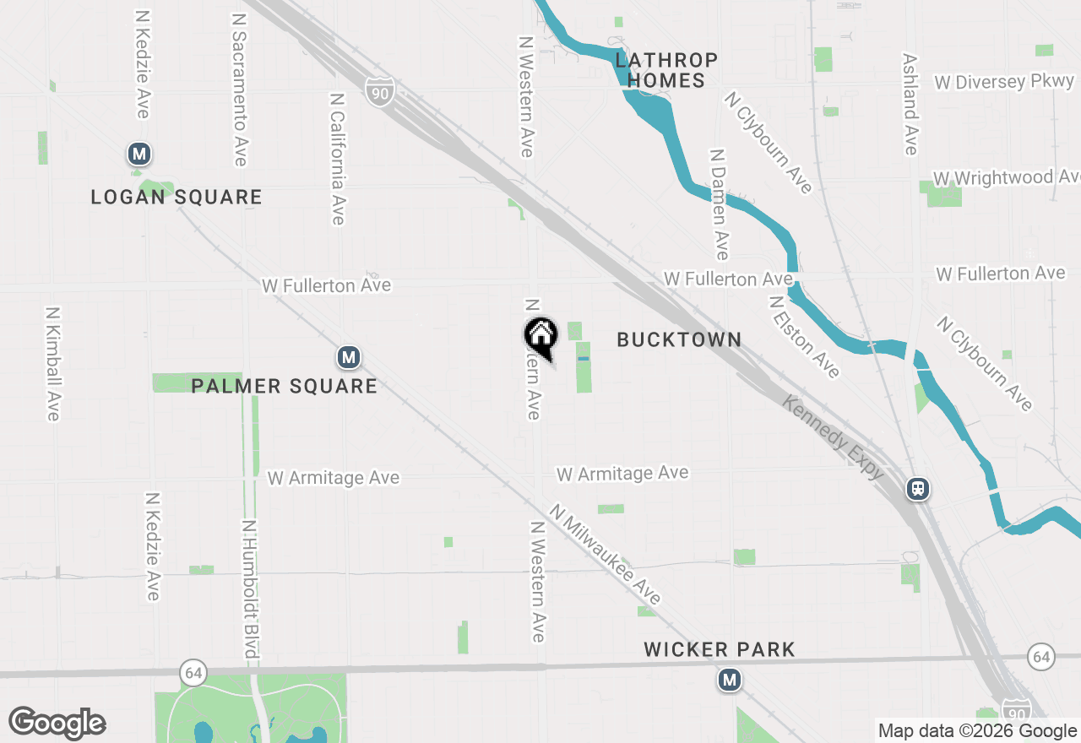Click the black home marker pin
541,337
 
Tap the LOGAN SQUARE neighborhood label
177,198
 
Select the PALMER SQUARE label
284,387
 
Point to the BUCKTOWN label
679,339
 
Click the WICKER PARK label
719,649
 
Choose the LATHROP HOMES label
667,70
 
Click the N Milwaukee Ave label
606,555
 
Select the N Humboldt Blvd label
250,588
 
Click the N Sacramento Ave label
240,89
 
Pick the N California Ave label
338,159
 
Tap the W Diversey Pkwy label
1004,82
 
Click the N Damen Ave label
719,205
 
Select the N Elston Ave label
805,336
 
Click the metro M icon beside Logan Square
139,155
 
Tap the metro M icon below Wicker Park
730,680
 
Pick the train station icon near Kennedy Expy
918,489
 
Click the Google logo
57,723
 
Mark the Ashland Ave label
910,105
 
